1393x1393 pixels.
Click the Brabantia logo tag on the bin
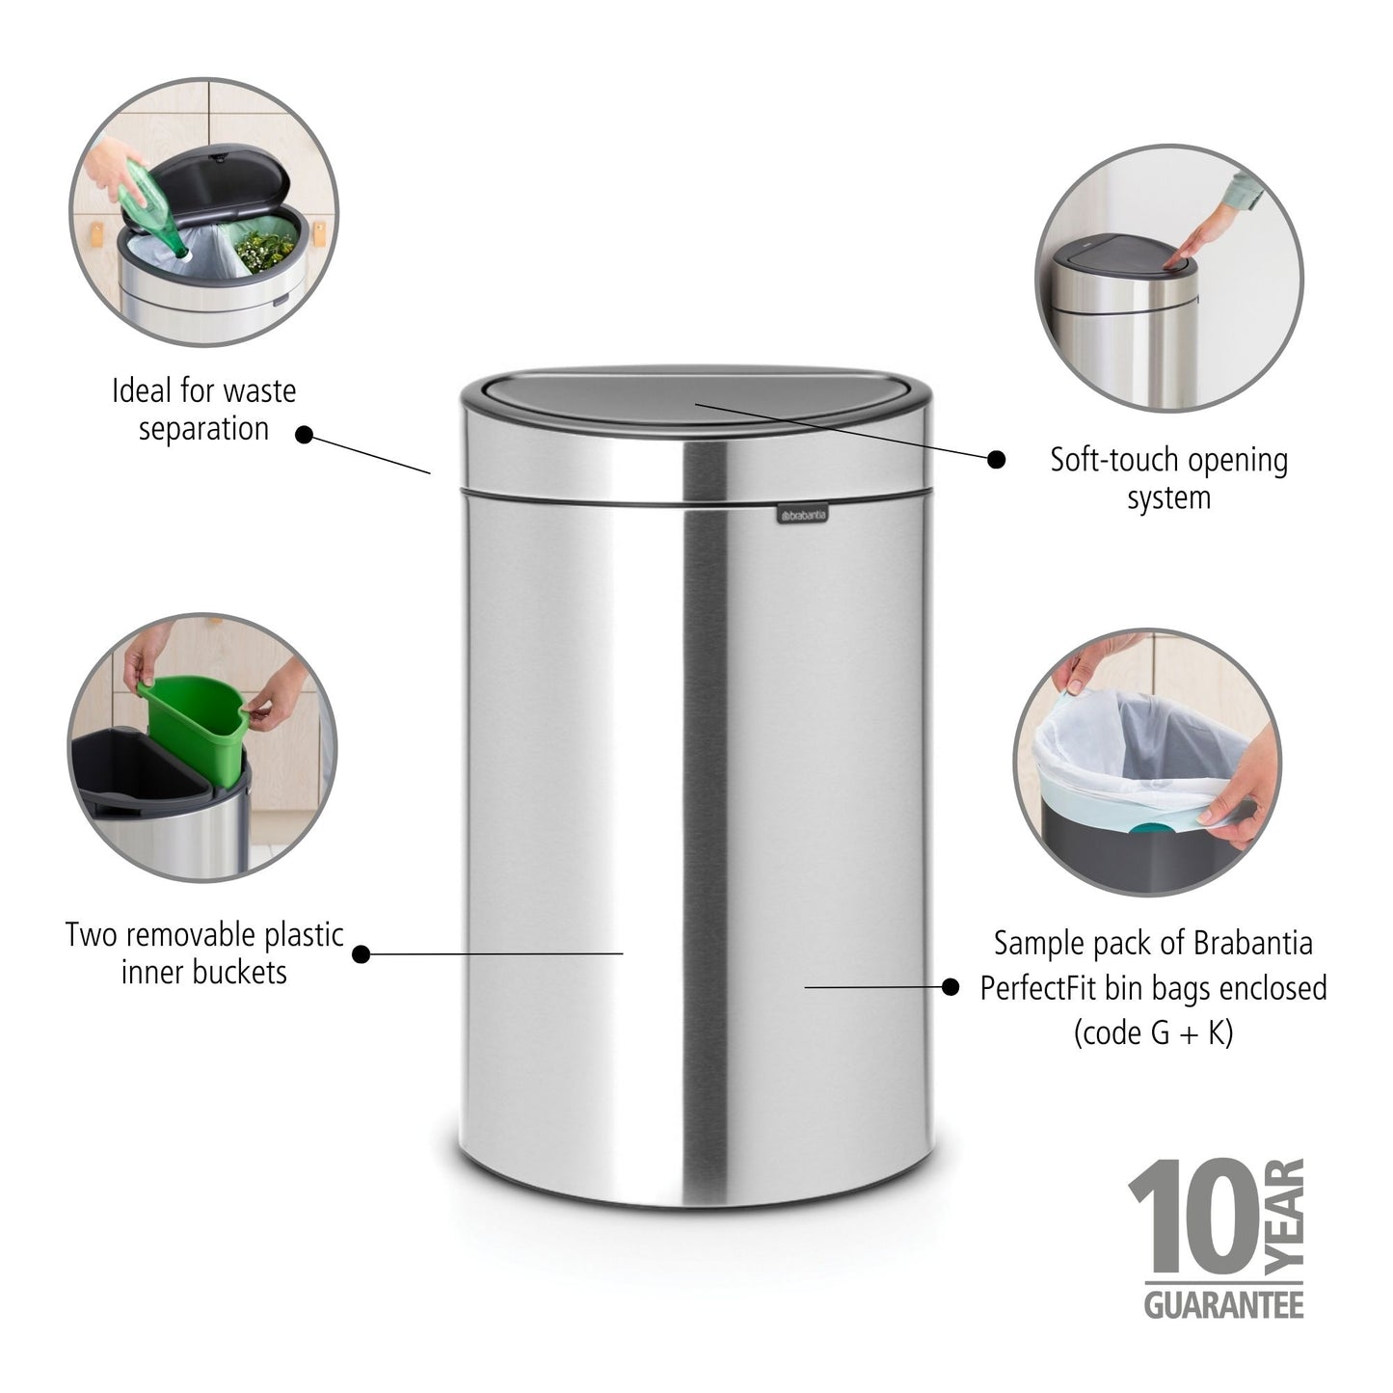(802, 517)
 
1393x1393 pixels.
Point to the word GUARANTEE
(1223, 1305)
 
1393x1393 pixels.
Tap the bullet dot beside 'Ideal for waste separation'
(305, 435)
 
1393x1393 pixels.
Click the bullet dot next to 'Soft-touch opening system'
(996, 460)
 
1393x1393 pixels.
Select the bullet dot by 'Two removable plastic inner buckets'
(361, 954)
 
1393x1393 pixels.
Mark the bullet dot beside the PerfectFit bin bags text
(951, 986)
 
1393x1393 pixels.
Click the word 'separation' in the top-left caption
(203, 429)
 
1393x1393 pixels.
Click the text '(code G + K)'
(1153, 1033)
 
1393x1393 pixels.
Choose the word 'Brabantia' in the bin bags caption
(1252, 943)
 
